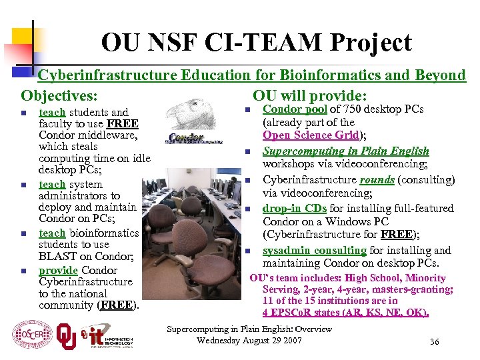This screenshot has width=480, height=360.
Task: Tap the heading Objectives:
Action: click(59, 95)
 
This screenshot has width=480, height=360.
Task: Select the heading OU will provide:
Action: click(310, 95)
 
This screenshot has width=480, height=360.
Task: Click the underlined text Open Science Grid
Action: click(311, 135)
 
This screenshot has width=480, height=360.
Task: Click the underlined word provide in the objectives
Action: click(59, 270)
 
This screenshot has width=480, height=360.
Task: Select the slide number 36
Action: click(434, 342)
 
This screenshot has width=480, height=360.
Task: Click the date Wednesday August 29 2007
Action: click(249, 341)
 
